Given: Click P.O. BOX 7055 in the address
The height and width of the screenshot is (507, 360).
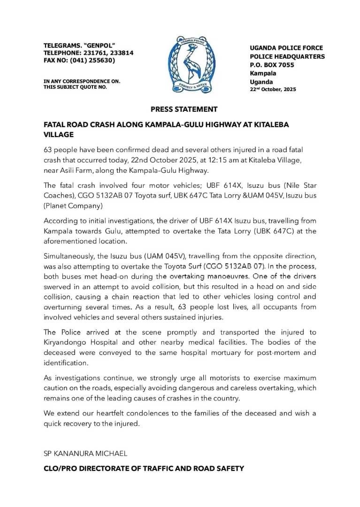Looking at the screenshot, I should (272, 65).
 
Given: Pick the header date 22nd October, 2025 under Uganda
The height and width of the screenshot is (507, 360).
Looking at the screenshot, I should (273, 89).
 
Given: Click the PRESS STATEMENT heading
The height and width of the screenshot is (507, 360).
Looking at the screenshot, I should (184, 109).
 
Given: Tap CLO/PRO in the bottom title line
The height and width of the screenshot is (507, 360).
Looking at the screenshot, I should (60, 469).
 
